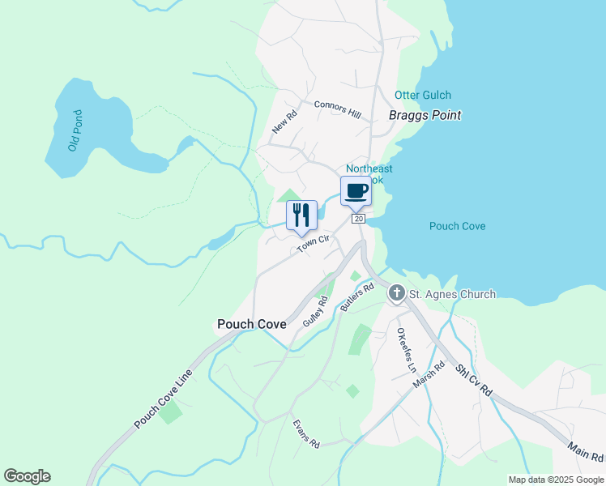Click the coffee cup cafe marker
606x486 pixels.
pos(356,192)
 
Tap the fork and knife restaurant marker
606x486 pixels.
pos(301,215)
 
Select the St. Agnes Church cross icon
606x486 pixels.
pos(396,293)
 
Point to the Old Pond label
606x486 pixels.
pos(75,130)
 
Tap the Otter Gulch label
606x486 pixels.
pos(423,96)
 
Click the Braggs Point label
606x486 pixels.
pos(425,115)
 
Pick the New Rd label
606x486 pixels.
pos(285,122)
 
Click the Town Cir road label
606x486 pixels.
pos(313,242)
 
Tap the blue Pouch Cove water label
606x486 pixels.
pos(458,226)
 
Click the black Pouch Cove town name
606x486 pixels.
pos(251,324)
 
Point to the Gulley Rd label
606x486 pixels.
pos(315,311)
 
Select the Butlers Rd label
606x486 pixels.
pos(357,297)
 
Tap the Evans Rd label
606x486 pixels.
pos(307,434)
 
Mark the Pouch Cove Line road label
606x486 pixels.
pos(164,399)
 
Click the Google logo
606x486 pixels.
pos(27,476)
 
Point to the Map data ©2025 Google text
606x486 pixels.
pos(555,479)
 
